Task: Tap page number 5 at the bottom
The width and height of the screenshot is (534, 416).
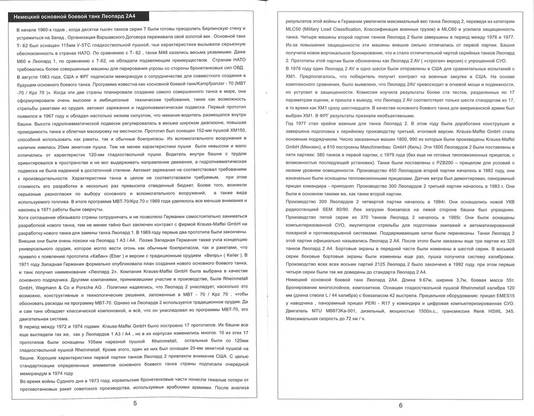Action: click(x=136, y=404)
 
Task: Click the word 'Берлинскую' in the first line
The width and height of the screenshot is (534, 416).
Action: click(x=216, y=27)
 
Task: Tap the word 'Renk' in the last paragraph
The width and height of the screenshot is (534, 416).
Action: click(x=469, y=312)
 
